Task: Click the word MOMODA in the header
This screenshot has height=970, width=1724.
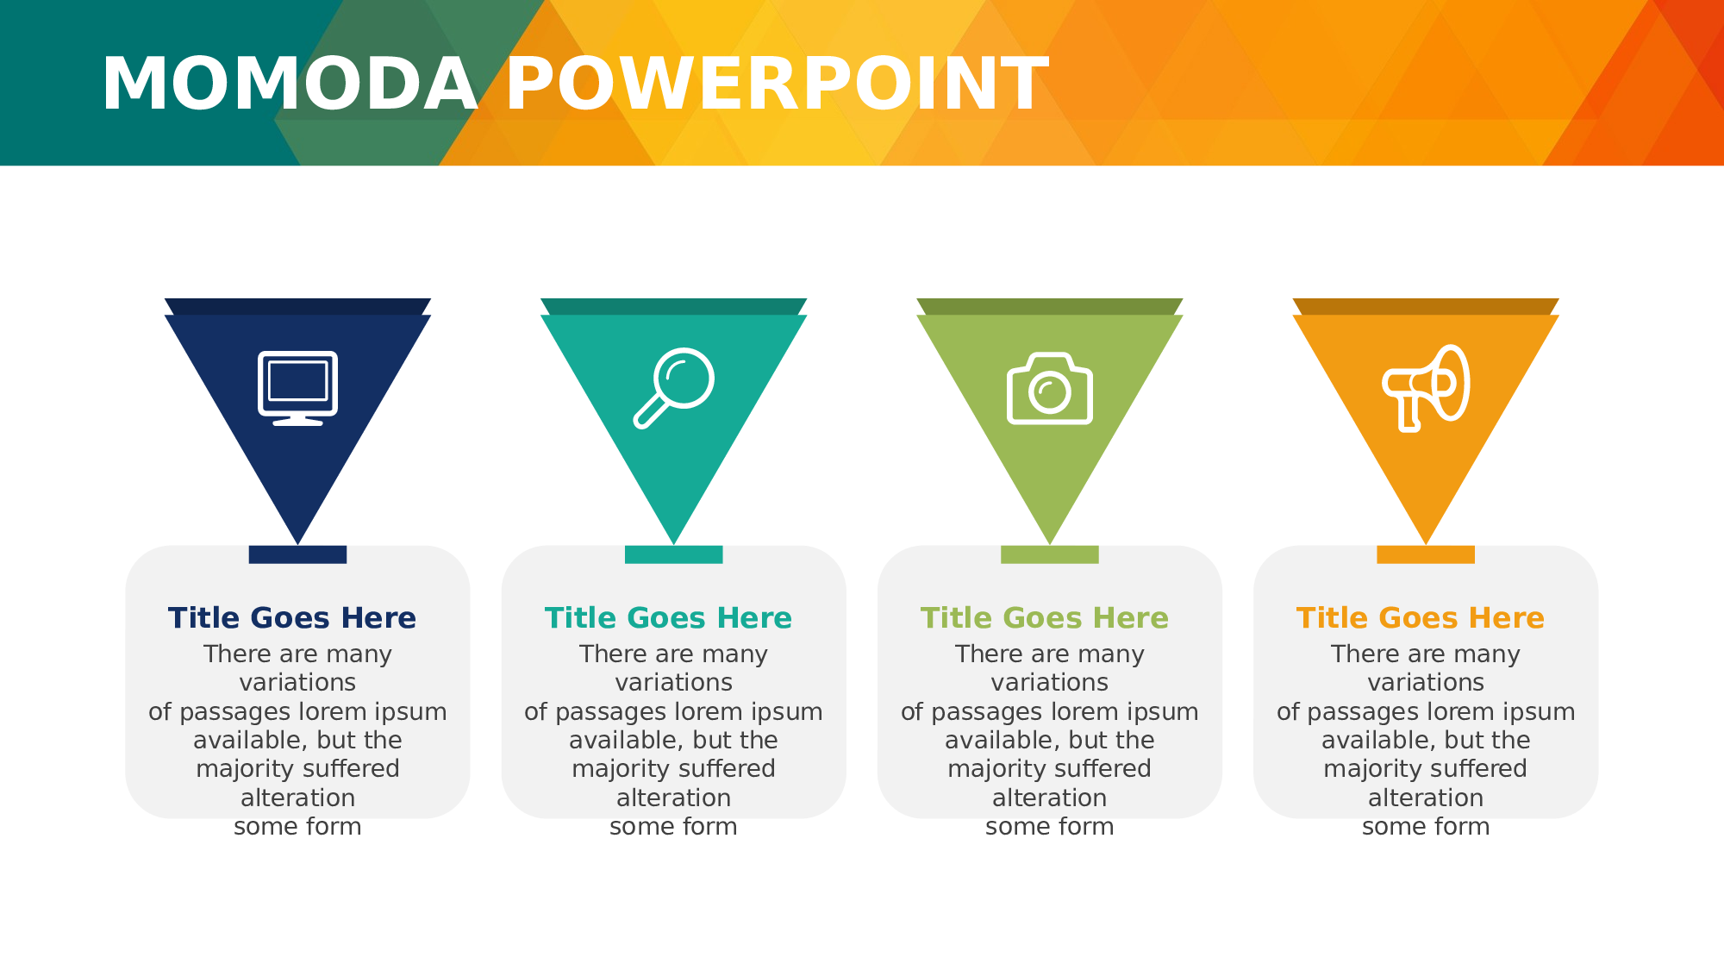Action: pos(290,84)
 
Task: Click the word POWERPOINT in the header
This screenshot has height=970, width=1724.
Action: pos(778,84)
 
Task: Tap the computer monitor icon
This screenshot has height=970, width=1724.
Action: pos(297,388)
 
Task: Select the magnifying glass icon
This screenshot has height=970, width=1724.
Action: pos(674,388)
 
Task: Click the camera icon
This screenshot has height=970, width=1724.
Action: pos(1050,388)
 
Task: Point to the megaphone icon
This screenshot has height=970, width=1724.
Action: pos(1426,388)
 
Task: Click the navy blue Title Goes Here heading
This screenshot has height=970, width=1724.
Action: pos(292,618)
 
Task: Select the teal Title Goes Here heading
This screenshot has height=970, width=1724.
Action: pos(668,618)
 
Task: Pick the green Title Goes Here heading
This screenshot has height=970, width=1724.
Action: pos(1044,618)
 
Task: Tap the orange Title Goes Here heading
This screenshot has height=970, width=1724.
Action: pos(1421,618)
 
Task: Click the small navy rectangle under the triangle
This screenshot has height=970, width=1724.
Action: pos(297,554)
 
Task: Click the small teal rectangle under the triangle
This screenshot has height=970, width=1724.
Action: pos(674,554)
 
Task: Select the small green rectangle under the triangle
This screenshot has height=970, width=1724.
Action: pos(1050,554)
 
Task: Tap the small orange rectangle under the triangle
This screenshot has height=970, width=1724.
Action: pos(1426,554)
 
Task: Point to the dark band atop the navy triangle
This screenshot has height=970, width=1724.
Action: pos(297,306)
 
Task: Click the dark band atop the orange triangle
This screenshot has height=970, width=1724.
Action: pos(1426,306)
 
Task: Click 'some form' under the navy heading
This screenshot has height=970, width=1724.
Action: pos(297,827)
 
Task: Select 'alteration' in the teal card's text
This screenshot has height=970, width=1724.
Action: pos(674,798)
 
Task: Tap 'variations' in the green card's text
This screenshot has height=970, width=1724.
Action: pos(1050,683)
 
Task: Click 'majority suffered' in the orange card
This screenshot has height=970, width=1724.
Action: pos(1426,769)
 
